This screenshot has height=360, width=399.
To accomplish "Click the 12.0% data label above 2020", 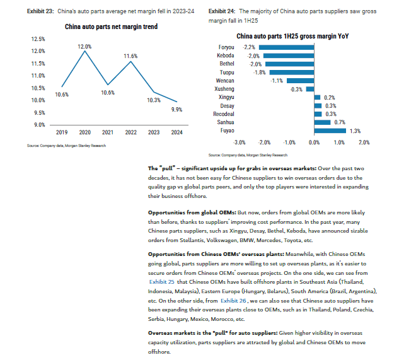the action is (x=84, y=47).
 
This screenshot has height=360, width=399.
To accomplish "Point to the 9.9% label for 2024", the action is (x=176, y=110).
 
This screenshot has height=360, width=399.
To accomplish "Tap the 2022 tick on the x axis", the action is (x=131, y=132).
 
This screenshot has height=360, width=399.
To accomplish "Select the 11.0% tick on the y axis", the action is (x=38, y=76).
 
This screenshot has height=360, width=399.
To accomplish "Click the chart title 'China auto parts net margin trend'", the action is (x=111, y=26).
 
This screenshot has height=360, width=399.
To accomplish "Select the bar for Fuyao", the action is (x=330, y=131).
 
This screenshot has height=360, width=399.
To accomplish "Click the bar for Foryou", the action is (x=287, y=47).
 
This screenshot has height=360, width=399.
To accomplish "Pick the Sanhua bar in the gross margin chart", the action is (x=322, y=122).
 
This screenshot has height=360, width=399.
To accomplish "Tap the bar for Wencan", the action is (x=301, y=81).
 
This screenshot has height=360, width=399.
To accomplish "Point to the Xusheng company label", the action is (x=224, y=89).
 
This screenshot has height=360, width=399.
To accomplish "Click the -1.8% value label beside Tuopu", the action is (x=259, y=73).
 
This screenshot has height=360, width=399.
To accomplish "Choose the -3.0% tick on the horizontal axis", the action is (x=239, y=142).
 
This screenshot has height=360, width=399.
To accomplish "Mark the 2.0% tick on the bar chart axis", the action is (x=364, y=142).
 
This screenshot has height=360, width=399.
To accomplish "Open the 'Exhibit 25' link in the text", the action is (x=162, y=282).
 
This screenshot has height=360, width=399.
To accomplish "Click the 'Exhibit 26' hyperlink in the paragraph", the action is (x=233, y=301).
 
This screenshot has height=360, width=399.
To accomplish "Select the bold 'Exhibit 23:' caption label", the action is (x=40, y=11).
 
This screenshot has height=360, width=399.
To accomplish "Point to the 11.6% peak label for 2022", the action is (x=130, y=56).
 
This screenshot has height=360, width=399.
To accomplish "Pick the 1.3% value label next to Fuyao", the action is (x=355, y=131).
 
